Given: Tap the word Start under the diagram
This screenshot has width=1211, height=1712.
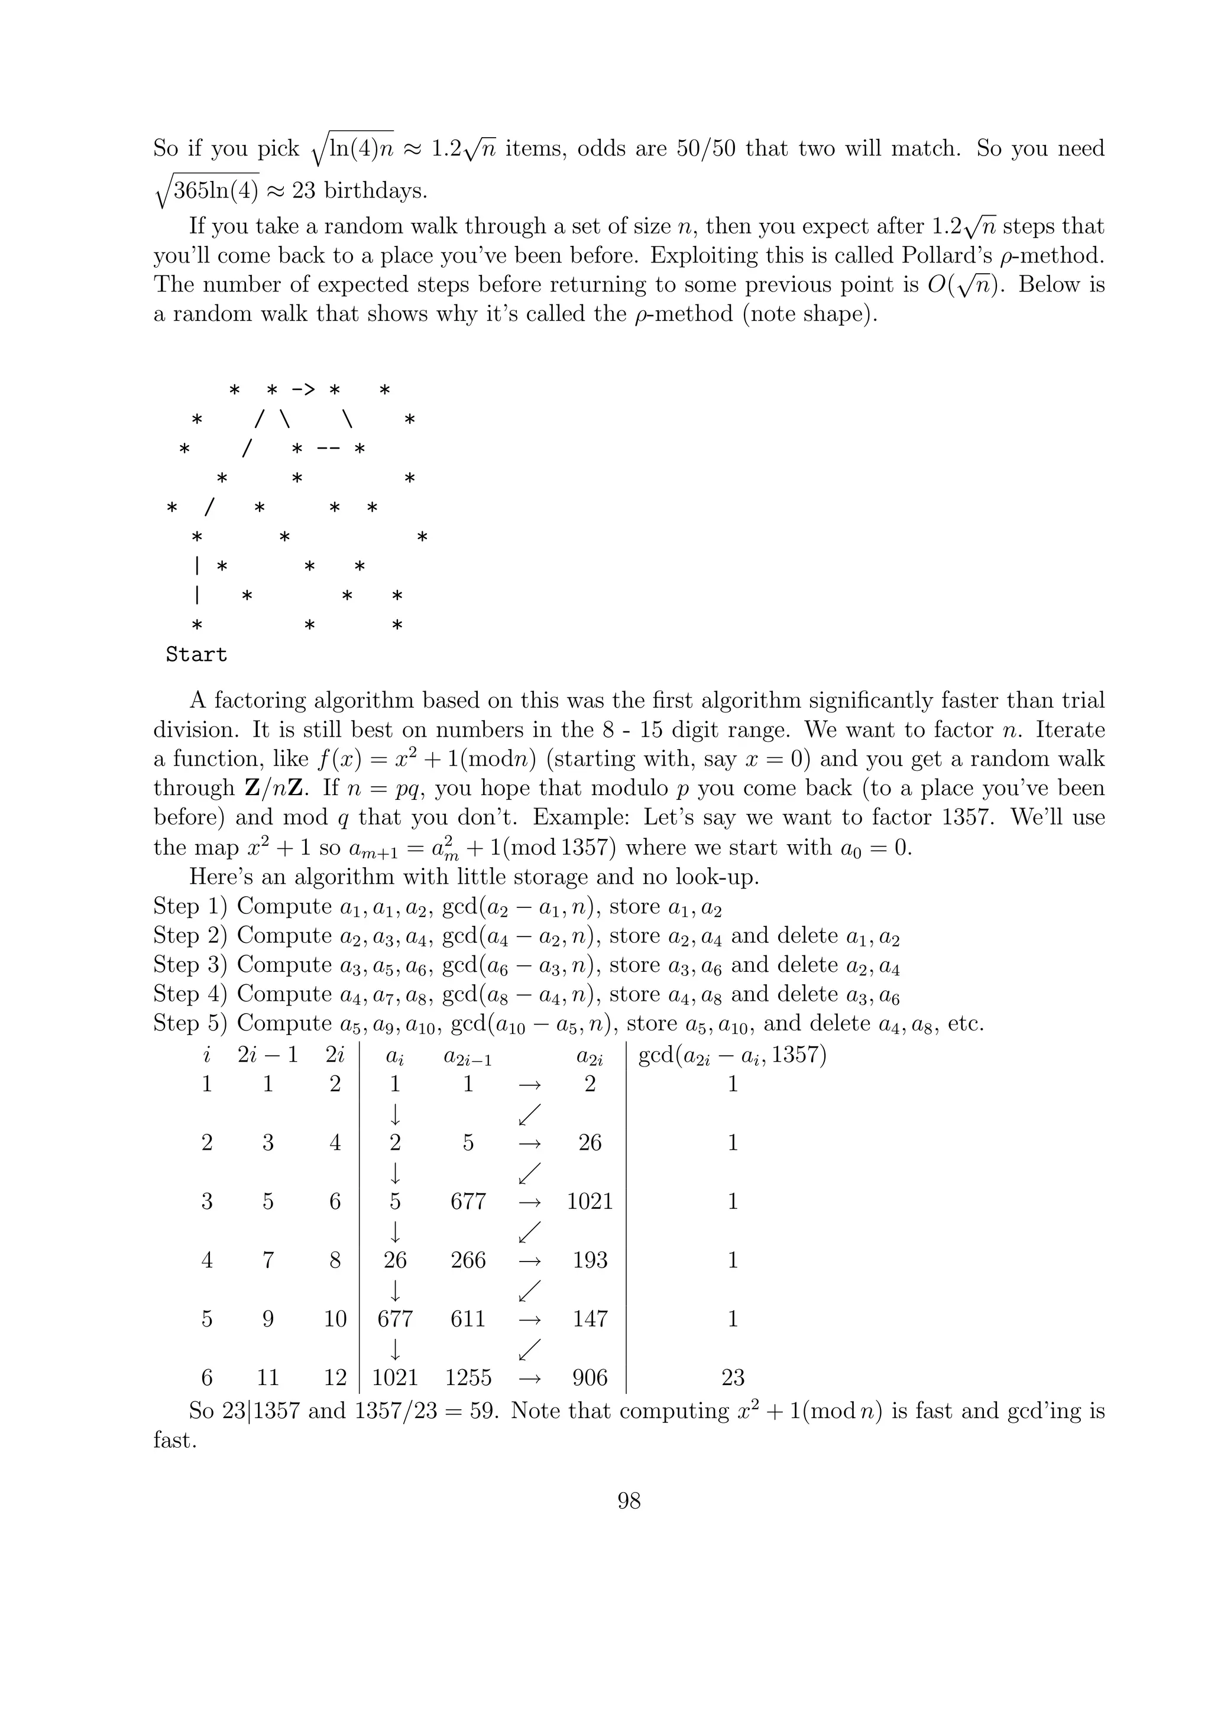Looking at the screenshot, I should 196,654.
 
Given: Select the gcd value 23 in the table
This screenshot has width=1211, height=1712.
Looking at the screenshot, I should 732,1378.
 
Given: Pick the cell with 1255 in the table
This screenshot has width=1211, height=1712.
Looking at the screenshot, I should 468,1378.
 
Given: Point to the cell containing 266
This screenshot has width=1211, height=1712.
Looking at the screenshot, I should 468,1260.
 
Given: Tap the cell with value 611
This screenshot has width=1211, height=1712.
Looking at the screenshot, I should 468,1319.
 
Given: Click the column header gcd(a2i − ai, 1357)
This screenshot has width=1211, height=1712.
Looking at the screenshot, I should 732,1056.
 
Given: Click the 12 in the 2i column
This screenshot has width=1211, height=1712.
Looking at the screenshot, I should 335,1378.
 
